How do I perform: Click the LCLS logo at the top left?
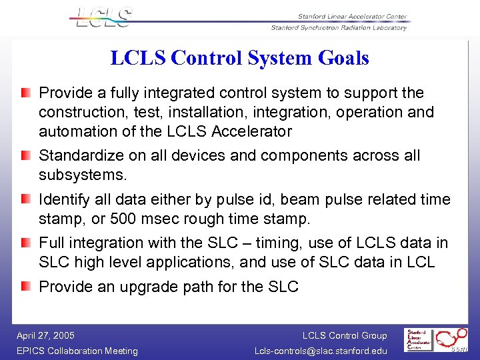(x=104, y=17)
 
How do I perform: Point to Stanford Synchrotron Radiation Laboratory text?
(x=338, y=28)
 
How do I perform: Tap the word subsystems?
(x=83, y=175)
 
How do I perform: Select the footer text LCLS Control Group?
(x=344, y=335)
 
